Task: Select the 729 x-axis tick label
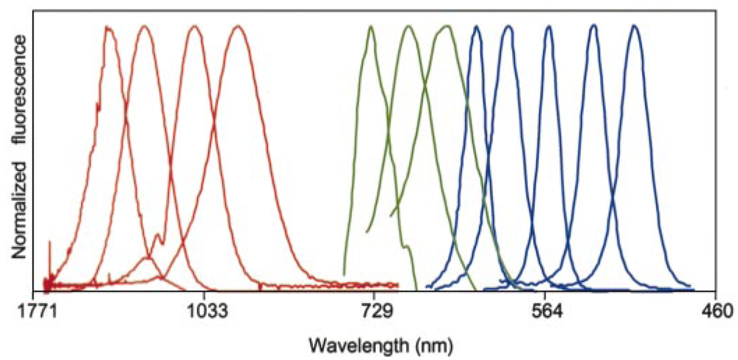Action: (x=373, y=311)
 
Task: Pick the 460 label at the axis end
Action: (x=717, y=311)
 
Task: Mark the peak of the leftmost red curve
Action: (x=109, y=27)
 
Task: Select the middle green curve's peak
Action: (x=409, y=27)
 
